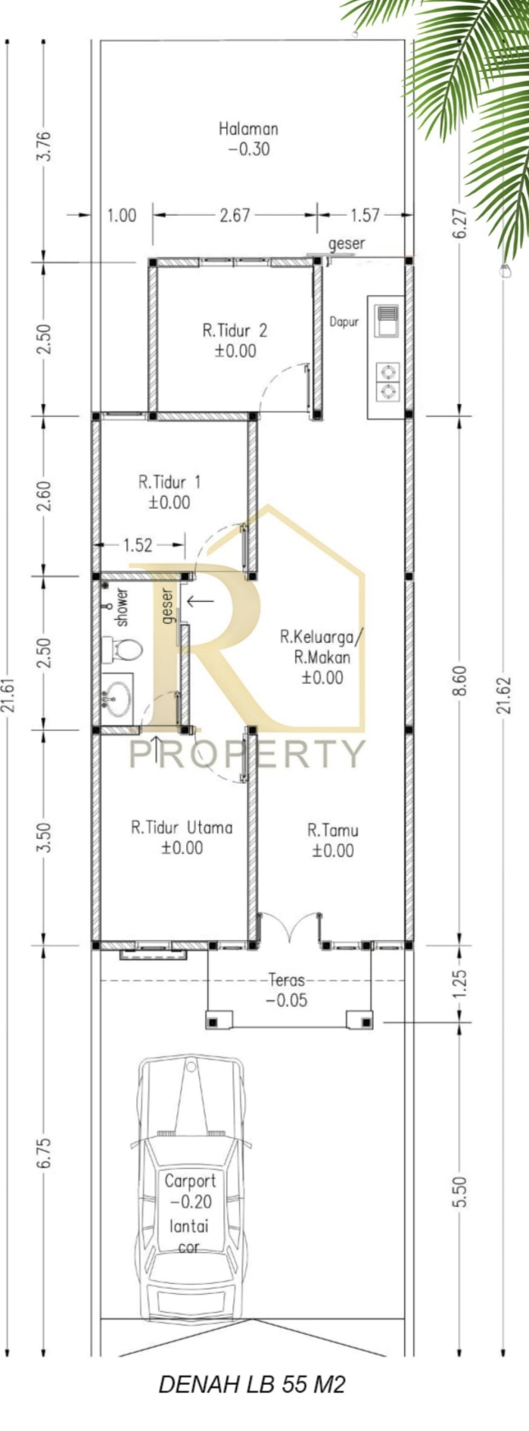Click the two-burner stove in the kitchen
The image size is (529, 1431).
pyautogui.click(x=388, y=381)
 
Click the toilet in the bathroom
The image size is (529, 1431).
pyautogui.click(x=123, y=649)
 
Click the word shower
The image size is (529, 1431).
pyautogui.click(x=122, y=606)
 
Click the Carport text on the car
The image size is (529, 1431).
pyautogui.click(x=190, y=1180)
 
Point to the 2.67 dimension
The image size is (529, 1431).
pyautogui.click(x=235, y=215)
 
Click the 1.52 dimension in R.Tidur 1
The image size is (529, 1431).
pyautogui.click(x=138, y=544)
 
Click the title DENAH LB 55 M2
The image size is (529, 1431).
pyautogui.click(x=252, y=1385)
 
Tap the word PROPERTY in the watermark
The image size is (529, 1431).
pyautogui.click(x=247, y=753)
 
